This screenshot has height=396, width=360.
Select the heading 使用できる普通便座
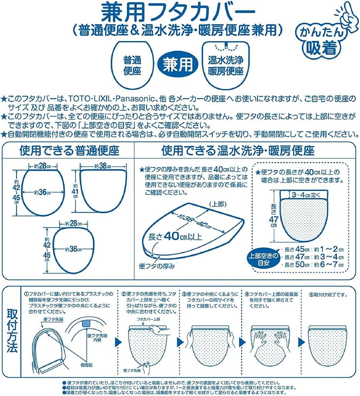70,150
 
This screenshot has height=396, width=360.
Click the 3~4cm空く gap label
305,194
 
